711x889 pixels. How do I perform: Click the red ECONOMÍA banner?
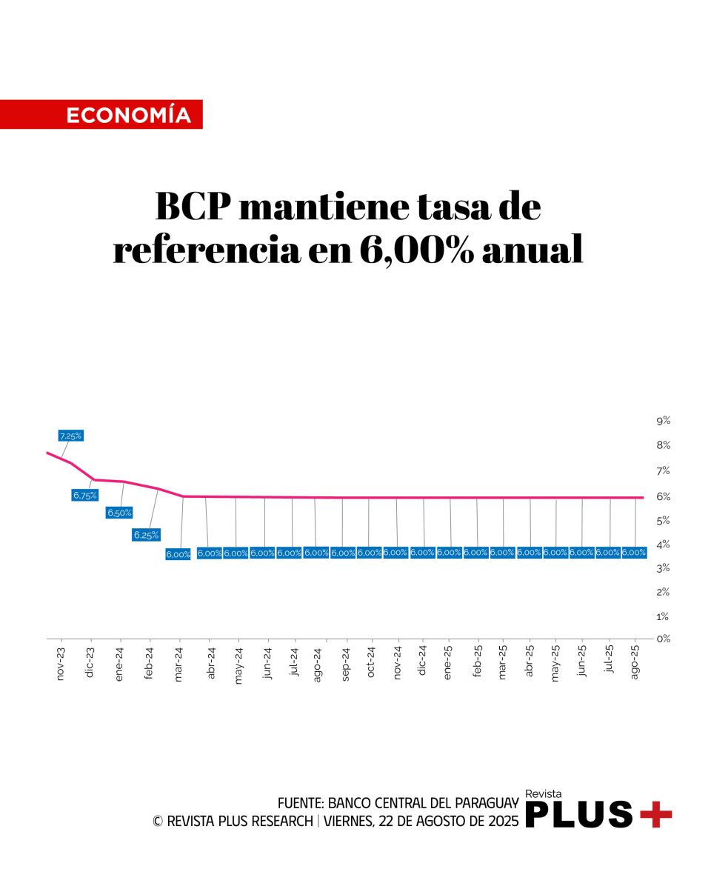click(x=101, y=115)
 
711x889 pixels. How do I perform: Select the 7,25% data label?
click(x=70, y=436)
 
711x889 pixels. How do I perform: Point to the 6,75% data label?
click(x=84, y=495)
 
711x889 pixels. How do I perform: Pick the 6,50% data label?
click(x=119, y=512)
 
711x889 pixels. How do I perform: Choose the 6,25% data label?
click(x=146, y=534)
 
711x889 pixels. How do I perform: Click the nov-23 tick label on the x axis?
click(x=61, y=665)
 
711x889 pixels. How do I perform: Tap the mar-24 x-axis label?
click(x=178, y=665)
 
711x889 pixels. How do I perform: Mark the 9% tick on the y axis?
click(x=663, y=421)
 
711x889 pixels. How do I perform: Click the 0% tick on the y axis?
click(x=663, y=638)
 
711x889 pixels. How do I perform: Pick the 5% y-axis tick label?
click(x=663, y=520)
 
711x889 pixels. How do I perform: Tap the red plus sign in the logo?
click(x=655, y=814)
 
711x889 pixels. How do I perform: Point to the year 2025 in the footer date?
click(x=502, y=821)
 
